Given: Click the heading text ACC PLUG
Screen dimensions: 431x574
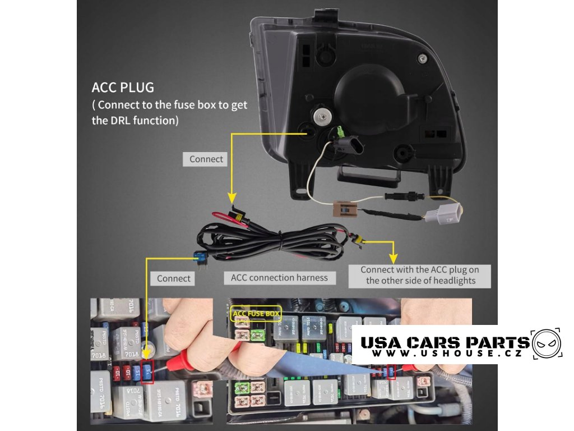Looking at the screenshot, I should click(x=123, y=88).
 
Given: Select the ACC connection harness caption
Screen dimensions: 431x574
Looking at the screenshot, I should click(x=279, y=278).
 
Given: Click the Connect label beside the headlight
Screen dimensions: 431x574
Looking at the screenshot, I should click(x=206, y=159).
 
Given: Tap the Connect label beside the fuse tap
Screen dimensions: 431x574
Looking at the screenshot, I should click(x=173, y=278).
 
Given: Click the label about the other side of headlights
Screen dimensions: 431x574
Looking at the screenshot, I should click(x=419, y=275).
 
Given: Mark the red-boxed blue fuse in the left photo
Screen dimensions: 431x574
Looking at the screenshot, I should click(x=148, y=372).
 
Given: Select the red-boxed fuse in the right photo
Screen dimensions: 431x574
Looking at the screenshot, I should click(x=391, y=371).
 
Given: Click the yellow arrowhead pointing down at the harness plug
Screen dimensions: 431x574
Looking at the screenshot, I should click(x=230, y=198).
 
